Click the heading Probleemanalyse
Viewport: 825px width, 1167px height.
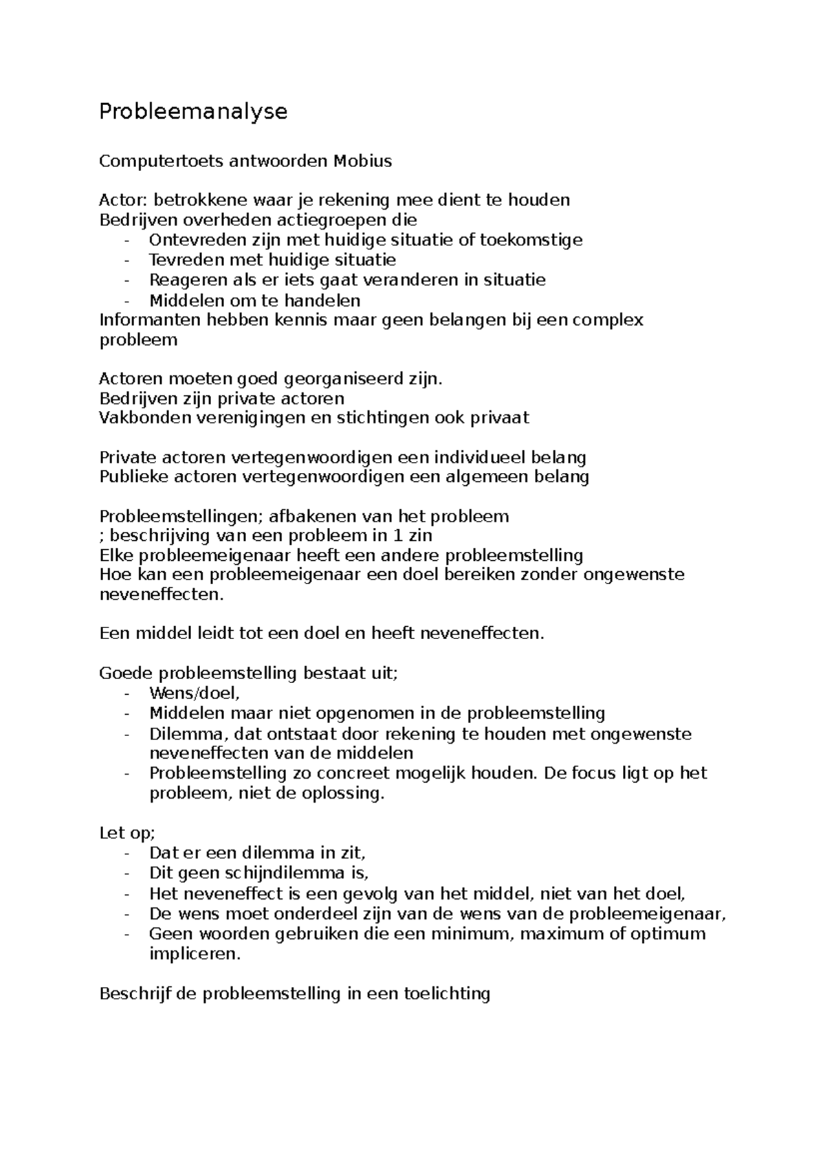pos(193,111)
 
